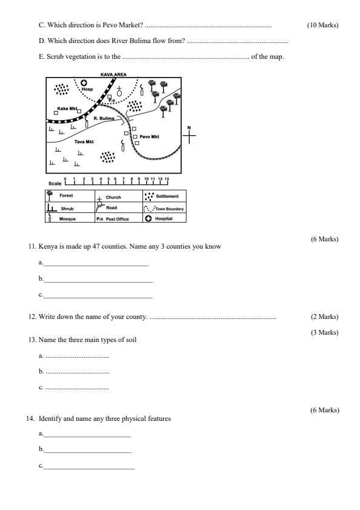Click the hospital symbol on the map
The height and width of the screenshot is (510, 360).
tap(84, 83)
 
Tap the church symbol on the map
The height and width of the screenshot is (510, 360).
tap(119, 91)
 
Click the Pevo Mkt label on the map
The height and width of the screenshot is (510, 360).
tap(149, 136)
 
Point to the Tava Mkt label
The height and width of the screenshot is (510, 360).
tap(84, 142)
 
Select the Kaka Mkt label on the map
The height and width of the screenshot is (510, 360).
tap(67, 109)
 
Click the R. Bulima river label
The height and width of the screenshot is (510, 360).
tap(104, 118)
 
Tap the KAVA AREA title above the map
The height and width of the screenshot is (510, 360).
tap(113, 75)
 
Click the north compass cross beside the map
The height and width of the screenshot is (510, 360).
tap(189, 135)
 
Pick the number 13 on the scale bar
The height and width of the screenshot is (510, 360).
tap(167, 179)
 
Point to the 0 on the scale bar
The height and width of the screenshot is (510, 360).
tap(65, 179)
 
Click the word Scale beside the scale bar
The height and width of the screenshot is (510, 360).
tap(55, 184)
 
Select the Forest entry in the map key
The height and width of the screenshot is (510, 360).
tap(66, 195)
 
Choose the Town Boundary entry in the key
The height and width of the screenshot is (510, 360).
tap(170, 209)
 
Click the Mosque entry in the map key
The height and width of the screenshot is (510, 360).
tap(67, 219)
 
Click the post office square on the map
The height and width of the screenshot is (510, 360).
tap(110, 96)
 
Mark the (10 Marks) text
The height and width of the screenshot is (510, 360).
tap(322, 25)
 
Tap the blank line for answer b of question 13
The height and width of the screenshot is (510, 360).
tap(78, 373)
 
